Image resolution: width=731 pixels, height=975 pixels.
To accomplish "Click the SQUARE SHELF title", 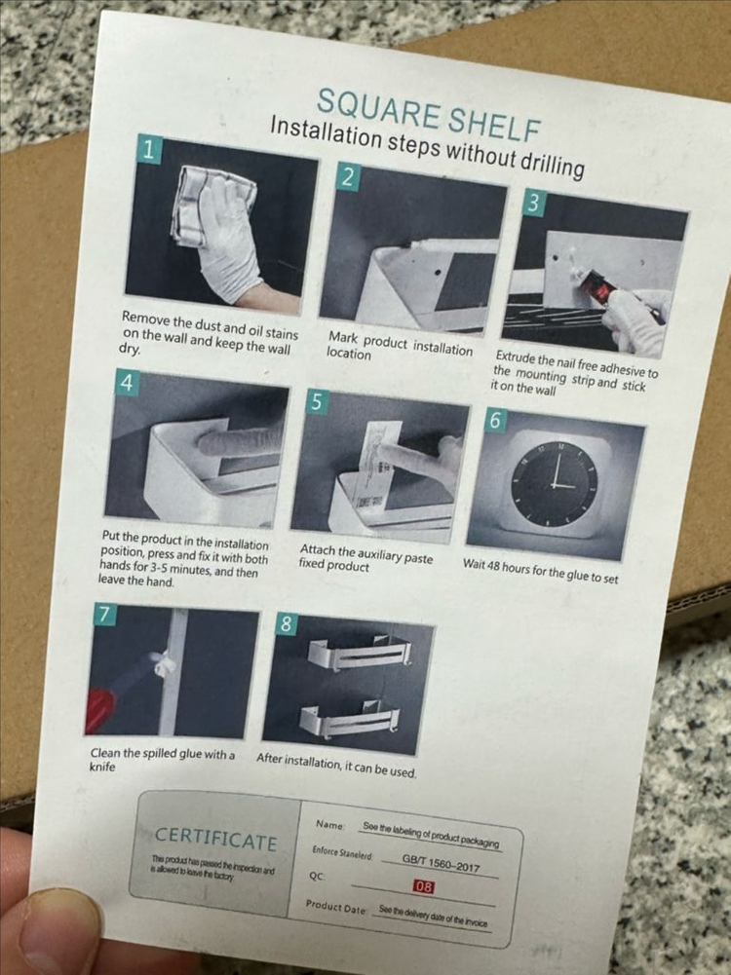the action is [428, 115].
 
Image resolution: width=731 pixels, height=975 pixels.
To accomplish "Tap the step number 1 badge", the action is [149, 149].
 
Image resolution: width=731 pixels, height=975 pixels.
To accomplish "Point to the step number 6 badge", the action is [495, 421].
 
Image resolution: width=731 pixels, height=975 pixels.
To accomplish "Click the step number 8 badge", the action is [287, 623].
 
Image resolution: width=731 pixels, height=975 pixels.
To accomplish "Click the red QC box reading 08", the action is [423, 886].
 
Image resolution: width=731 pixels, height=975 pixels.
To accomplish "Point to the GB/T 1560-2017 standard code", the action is [441, 863].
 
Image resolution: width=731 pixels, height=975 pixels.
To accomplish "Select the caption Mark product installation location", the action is [400, 346].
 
